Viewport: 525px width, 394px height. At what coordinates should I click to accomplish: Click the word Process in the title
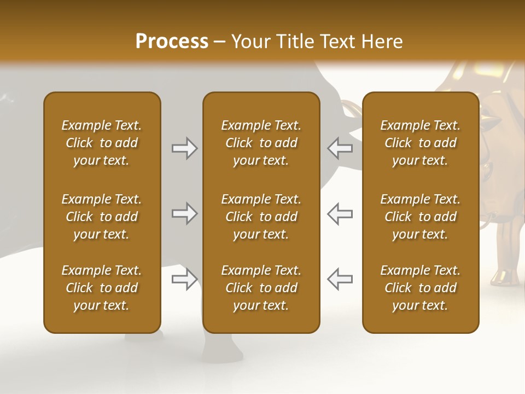(172, 42)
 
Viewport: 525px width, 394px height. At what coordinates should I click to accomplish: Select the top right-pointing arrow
(184, 148)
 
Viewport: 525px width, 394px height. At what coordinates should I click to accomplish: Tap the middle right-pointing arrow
(184, 214)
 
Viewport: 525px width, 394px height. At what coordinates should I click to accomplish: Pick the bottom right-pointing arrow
(184, 279)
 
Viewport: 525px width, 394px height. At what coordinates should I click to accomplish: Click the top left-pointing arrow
(340, 148)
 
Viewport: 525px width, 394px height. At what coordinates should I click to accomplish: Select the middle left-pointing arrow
(340, 214)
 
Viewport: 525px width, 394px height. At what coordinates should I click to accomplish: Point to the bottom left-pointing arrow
(340, 279)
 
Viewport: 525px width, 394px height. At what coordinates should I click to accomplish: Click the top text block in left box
(102, 143)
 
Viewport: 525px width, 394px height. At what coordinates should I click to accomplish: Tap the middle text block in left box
(102, 217)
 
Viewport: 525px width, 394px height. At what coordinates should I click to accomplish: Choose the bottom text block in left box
(102, 288)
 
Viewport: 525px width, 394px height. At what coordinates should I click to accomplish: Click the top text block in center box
(261, 143)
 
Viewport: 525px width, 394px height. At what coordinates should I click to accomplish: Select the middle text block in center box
(261, 217)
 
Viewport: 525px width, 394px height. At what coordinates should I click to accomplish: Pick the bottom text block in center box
(261, 288)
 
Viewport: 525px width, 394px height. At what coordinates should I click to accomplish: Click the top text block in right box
(420, 143)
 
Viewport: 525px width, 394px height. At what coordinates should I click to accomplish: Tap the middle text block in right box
(420, 217)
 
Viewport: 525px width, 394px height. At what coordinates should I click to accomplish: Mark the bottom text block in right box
(420, 288)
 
